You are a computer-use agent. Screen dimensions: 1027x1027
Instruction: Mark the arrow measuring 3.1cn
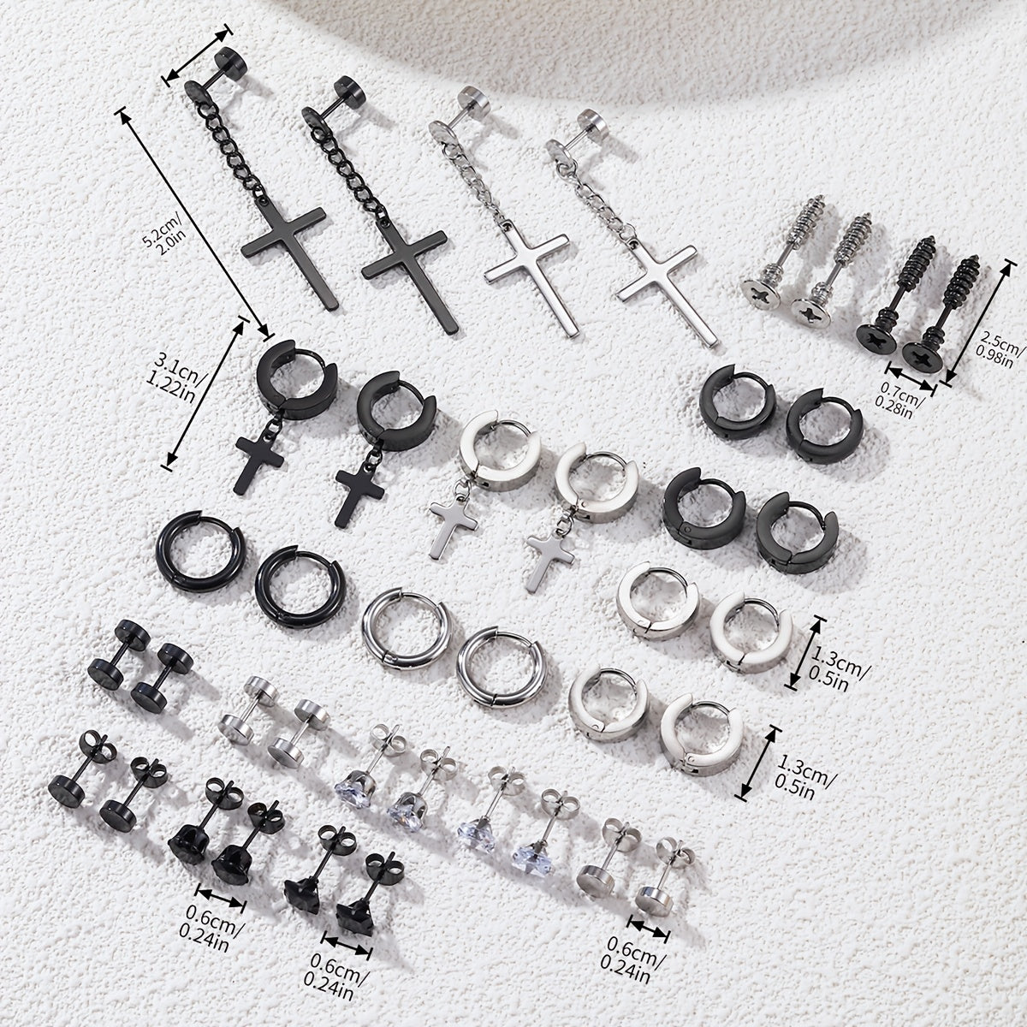(x=205, y=395)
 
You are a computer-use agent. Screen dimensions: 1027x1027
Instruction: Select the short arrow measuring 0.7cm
(x=911, y=379)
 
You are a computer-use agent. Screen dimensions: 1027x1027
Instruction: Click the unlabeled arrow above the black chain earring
(x=199, y=55)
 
